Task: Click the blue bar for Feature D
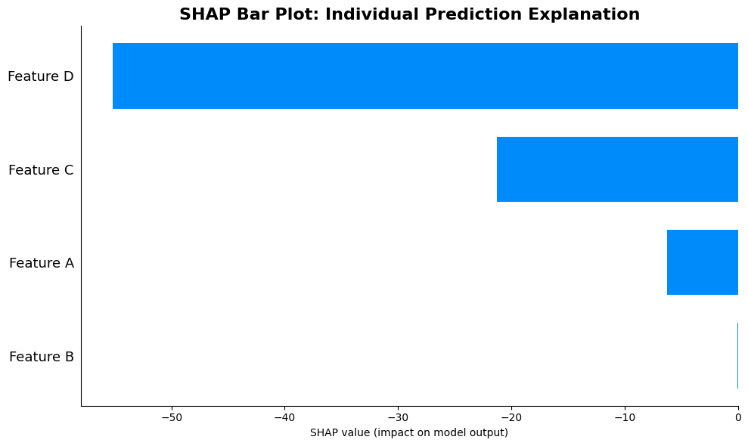click(x=425, y=76)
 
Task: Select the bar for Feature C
click(x=617, y=169)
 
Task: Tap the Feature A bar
click(x=702, y=262)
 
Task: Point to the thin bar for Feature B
click(x=737, y=355)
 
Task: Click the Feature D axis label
click(x=40, y=76)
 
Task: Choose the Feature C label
click(x=41, y=170)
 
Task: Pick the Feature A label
click(x=41, y=263)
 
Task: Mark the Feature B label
click(x=41, y=357)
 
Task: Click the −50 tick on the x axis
click(x=171, y=417)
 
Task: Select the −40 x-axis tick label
click(x=284, y=417)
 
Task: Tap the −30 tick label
click(x=398, y=417)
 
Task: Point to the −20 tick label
click(x=511, y=417)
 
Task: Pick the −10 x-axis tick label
click(x=624, y=417)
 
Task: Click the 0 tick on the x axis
click(x=738, y=417)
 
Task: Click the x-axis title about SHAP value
click(x=409, y=433)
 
